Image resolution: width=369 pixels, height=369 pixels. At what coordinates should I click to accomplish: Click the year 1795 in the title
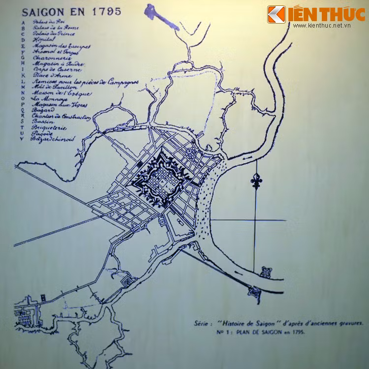click(x=105, y=11)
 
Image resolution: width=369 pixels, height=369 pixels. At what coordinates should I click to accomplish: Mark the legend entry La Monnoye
click(x=47, y=98)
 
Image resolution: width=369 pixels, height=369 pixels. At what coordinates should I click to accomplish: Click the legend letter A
click(x=22, y=23)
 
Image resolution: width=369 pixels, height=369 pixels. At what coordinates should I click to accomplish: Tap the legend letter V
click(x=22, y=139)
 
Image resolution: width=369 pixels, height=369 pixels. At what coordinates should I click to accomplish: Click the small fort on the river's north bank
click(x=266, y=272)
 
